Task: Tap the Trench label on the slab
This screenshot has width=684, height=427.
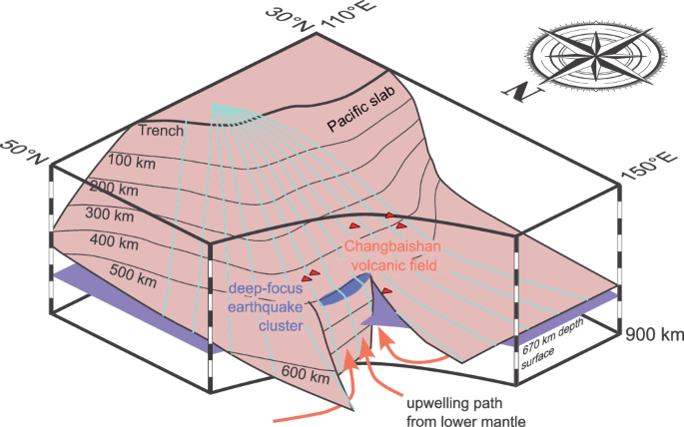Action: [x=161, y=131]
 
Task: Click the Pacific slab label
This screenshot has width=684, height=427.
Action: [x=368, y=108]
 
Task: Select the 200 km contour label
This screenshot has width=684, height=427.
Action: [x=115, y=188]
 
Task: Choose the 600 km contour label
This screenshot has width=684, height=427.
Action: [x=305, y=376]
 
